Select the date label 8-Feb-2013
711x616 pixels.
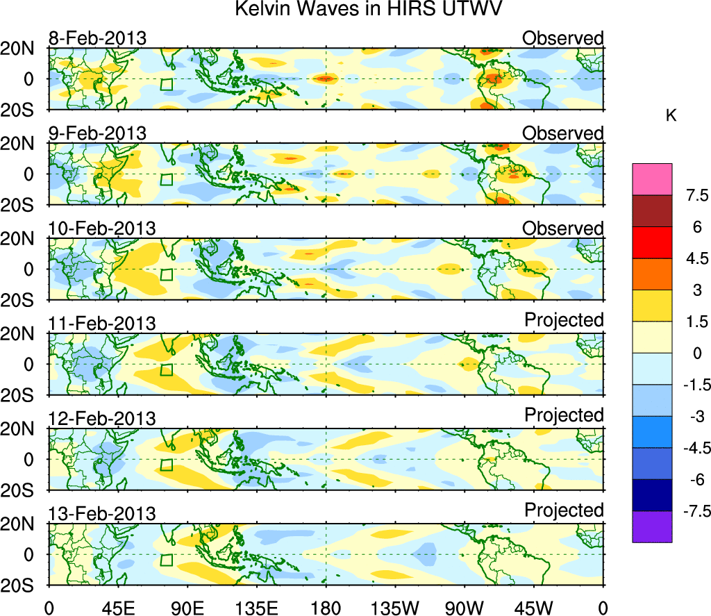[97, 38]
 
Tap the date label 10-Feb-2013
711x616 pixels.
[102, 228]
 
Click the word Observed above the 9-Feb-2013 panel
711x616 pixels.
[563, 133]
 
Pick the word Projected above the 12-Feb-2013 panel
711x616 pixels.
[564, 415]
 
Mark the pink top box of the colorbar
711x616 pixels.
[652, 178]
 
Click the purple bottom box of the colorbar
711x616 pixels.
[652, 526]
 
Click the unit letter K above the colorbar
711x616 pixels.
[671, 116]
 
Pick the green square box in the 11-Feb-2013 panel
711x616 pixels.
[166, 369]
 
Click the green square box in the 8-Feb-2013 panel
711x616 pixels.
[166, 85]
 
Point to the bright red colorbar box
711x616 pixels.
[652, 242]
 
